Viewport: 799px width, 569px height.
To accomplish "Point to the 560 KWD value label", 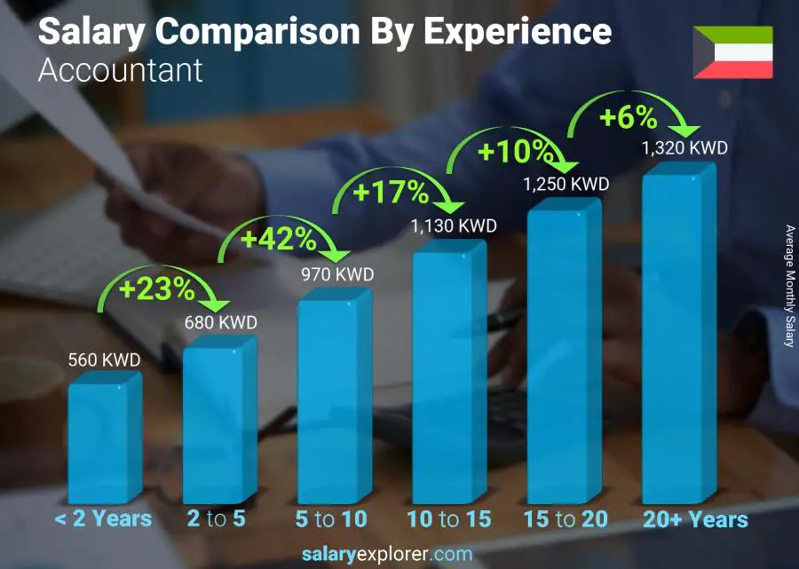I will (104, 360).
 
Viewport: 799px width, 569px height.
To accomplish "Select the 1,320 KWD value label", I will (684, 147).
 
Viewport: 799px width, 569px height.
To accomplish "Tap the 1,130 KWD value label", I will (453, 226).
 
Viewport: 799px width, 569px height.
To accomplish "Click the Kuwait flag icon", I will (732, 52).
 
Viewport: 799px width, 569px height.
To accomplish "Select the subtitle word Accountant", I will (120, 70).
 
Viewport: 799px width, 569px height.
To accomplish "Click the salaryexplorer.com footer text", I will (386, 555).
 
